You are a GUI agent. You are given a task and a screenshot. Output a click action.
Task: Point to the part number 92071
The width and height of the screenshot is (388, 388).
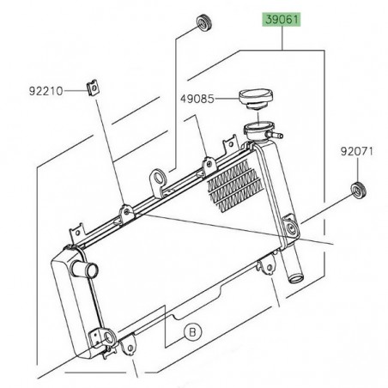[358, 152]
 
